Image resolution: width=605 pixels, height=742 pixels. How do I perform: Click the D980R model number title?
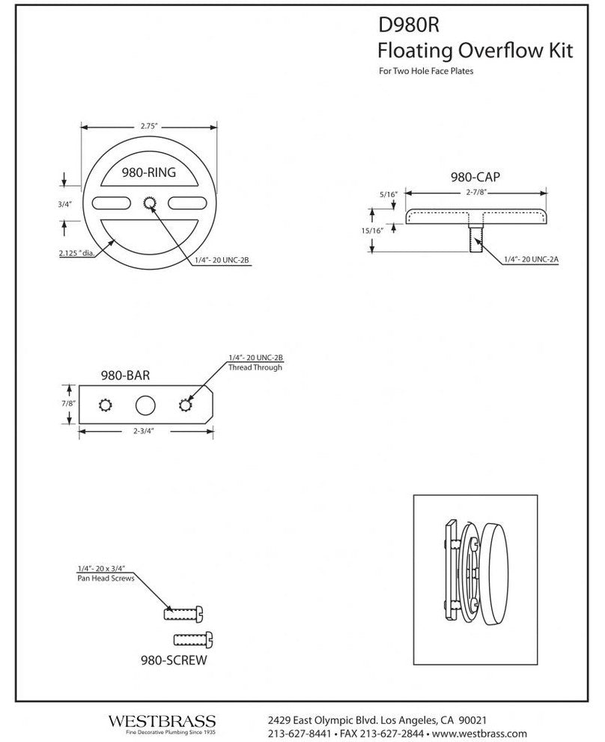tap(408, 25)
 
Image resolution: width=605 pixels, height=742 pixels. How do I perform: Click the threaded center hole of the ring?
tap(149, 202)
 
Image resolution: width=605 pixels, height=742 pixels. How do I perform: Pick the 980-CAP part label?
tap(475, 178)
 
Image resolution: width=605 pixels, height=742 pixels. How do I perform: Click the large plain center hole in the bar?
tap(145, 405)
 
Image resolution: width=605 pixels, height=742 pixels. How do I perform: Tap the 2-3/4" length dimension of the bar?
tap(145, 432)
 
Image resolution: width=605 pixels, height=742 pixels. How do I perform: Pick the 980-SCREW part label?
tap(174, 661)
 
